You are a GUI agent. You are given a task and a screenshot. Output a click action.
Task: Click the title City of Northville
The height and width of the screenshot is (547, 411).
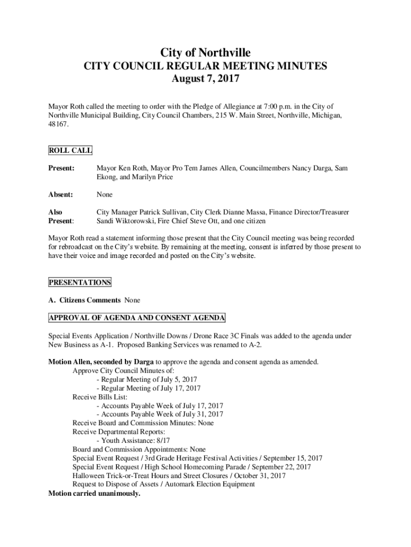tap(205, 52)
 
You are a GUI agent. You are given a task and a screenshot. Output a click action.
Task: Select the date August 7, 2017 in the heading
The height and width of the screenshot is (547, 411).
tap(205, 80)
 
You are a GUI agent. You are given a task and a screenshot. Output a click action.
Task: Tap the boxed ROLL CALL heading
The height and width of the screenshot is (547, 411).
tap(70, 151)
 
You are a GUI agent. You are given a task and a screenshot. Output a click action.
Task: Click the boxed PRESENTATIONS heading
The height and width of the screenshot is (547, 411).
tap(80, 282)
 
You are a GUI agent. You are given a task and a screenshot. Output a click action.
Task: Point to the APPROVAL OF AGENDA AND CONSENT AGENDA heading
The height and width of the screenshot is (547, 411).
tap(137, 318)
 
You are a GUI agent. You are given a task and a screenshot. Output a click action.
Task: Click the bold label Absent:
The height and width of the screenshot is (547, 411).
tap(61, 195)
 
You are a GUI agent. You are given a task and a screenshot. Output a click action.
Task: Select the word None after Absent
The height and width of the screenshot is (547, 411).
tap(105, 195)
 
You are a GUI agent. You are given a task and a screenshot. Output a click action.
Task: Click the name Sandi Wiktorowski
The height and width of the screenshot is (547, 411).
tap(123, 221)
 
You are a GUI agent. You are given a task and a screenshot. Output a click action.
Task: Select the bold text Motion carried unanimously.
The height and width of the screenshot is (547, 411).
tap(94, 493)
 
